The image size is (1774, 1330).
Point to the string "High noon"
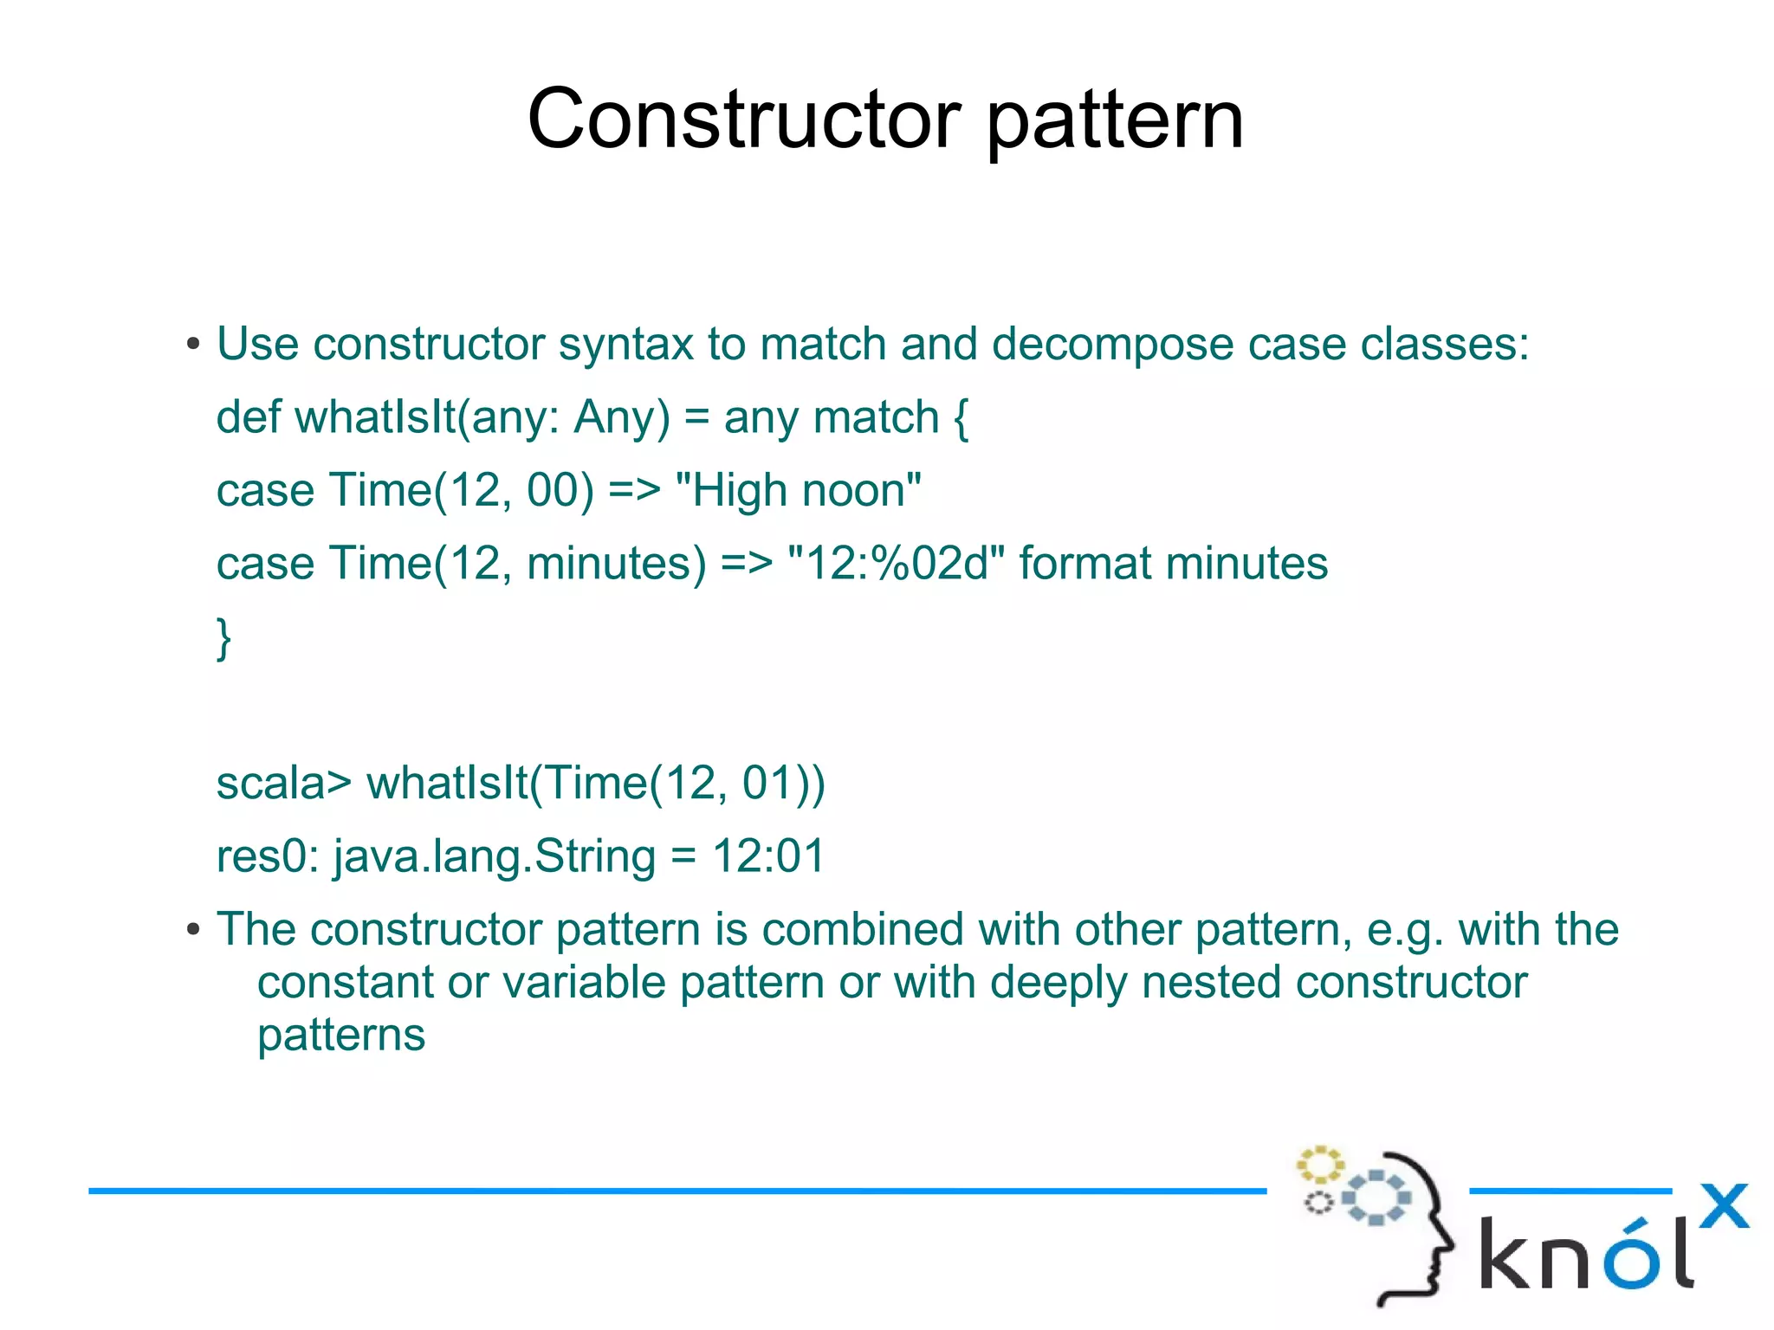[798, 491]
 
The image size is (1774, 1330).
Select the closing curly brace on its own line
[223, 638]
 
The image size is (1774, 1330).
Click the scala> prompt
[283, 784]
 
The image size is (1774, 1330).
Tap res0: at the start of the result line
[268, 856]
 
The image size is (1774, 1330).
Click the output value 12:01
[768, 856]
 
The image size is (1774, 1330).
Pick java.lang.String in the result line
[495, 857]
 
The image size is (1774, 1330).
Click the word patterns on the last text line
[341, 1036]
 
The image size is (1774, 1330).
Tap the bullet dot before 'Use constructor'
[193, 345]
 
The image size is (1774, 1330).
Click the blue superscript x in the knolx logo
[1724, 1206]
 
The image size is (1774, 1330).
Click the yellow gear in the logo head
[1319, 1165]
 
